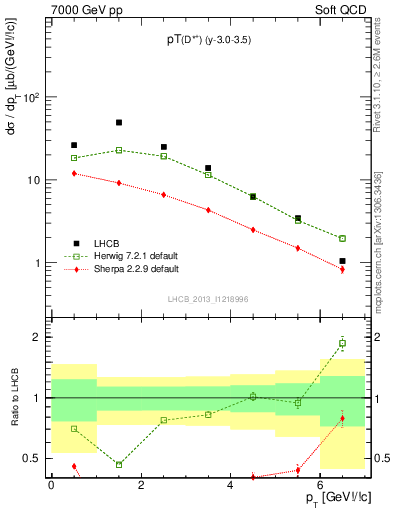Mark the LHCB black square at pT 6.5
342,261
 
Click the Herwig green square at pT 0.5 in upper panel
74,158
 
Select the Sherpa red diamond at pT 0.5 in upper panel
74,173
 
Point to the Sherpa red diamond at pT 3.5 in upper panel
208,210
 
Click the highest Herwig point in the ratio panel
342,343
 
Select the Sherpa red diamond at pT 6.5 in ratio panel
342,418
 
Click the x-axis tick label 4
230,485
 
